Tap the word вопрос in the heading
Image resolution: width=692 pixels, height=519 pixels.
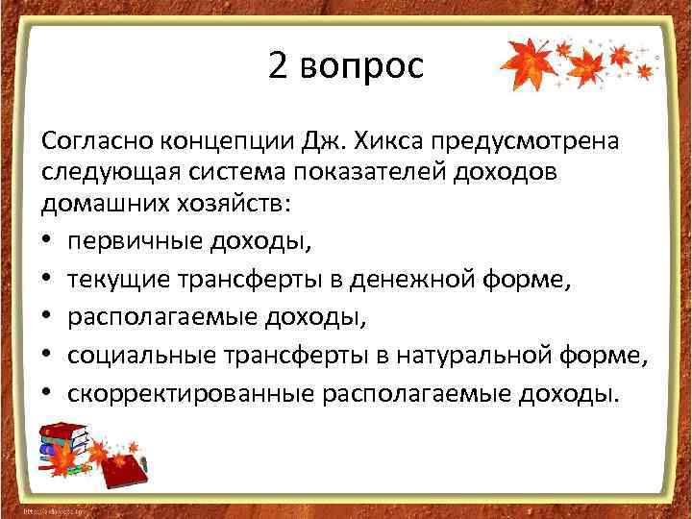point(360,66)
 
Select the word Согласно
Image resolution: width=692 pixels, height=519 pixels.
point(88,141)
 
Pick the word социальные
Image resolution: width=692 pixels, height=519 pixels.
point(136,358)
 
